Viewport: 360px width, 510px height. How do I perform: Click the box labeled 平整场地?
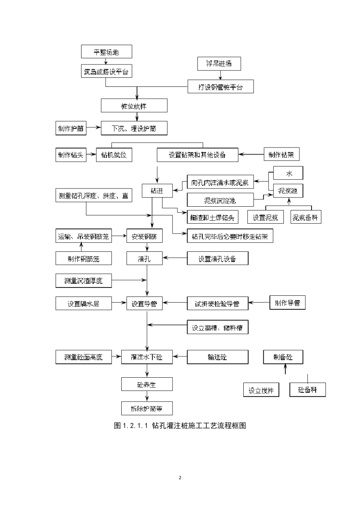pos(106,52)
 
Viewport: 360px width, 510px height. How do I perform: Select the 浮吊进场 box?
pos(219,64)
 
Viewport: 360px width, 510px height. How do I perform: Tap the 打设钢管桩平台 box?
pos(221,87)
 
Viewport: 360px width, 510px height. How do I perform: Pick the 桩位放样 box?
pos(134,106)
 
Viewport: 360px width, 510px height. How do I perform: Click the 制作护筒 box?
pos(71,129)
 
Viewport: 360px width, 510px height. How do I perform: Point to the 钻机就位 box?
pos(114,155)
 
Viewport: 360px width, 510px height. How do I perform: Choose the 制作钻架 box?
pos(281,154)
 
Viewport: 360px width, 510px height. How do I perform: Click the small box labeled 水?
pos(288,173)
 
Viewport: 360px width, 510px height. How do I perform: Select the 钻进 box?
pos(157,191)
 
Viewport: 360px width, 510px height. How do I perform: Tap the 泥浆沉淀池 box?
pos(219,200)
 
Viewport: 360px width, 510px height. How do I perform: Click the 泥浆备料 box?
pos(305,217)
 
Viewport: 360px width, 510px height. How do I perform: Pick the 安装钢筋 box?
pos(144,237)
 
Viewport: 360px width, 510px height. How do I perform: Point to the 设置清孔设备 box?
pos(218,259)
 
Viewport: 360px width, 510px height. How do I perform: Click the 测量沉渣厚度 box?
pos(83,281)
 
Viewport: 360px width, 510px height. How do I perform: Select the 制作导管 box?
pos(287,303)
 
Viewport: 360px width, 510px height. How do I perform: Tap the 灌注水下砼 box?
pos(147,357)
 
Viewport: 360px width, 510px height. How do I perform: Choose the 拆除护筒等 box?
pos(147,408)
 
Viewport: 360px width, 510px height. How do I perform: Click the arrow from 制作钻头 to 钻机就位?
pos(91,155)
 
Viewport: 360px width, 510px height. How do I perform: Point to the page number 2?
pos(180,477)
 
